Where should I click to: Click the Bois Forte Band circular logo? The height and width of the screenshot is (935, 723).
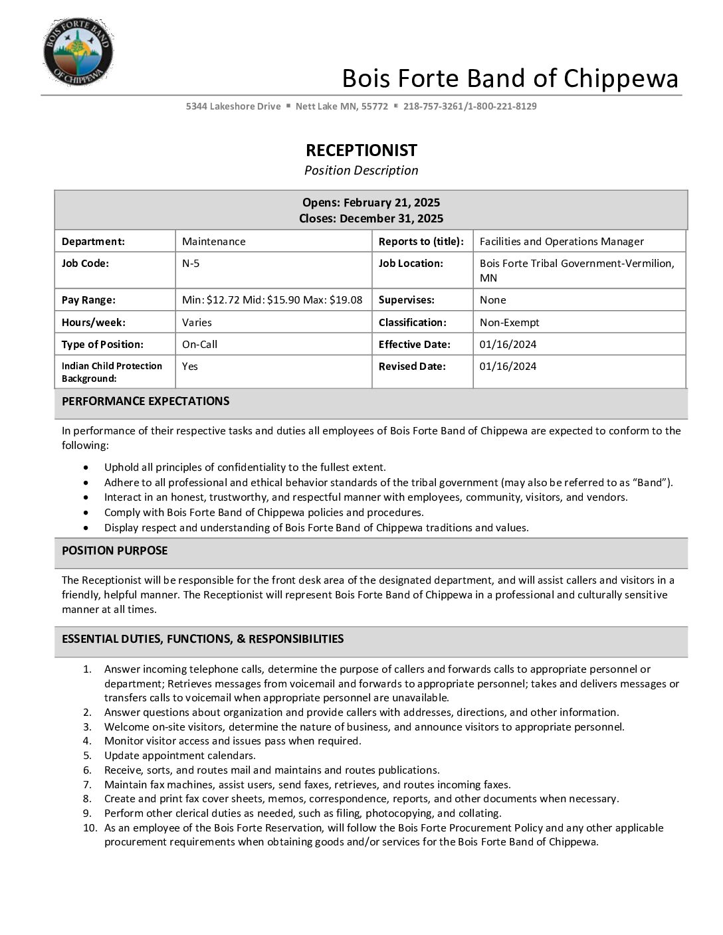click(x=78, y=52)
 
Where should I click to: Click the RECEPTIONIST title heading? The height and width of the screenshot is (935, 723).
click(x=361, y=150)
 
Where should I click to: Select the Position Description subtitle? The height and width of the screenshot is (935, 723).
click(x=361, y=171)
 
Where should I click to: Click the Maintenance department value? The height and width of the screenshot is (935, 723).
click(x=214, y=242)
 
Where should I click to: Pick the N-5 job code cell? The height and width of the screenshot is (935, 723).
click(x=191, y=264)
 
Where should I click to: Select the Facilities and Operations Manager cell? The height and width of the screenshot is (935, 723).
click(x=562, y=242)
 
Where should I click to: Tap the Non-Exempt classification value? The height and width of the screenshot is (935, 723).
click(x=510, y=323)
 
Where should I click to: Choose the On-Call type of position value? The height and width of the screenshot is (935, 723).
click(x=199, y=345)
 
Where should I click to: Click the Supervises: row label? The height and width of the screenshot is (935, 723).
click(x=407, y=300)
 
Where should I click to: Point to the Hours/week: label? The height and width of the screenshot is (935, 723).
click(x=94, y=323)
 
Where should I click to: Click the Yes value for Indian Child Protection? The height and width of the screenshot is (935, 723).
click(x=190, y=367)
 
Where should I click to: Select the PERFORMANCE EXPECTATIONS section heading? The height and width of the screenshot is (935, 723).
click(x=146, y=401)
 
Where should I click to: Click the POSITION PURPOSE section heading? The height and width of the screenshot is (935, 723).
click(x=115, y=551)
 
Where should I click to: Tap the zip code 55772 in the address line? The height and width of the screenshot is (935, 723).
click(x=375, y=106)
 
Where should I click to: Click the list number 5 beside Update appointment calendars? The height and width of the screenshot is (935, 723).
click(x=87, y=756)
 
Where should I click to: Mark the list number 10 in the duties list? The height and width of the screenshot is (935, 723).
click(x=90, y=828)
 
